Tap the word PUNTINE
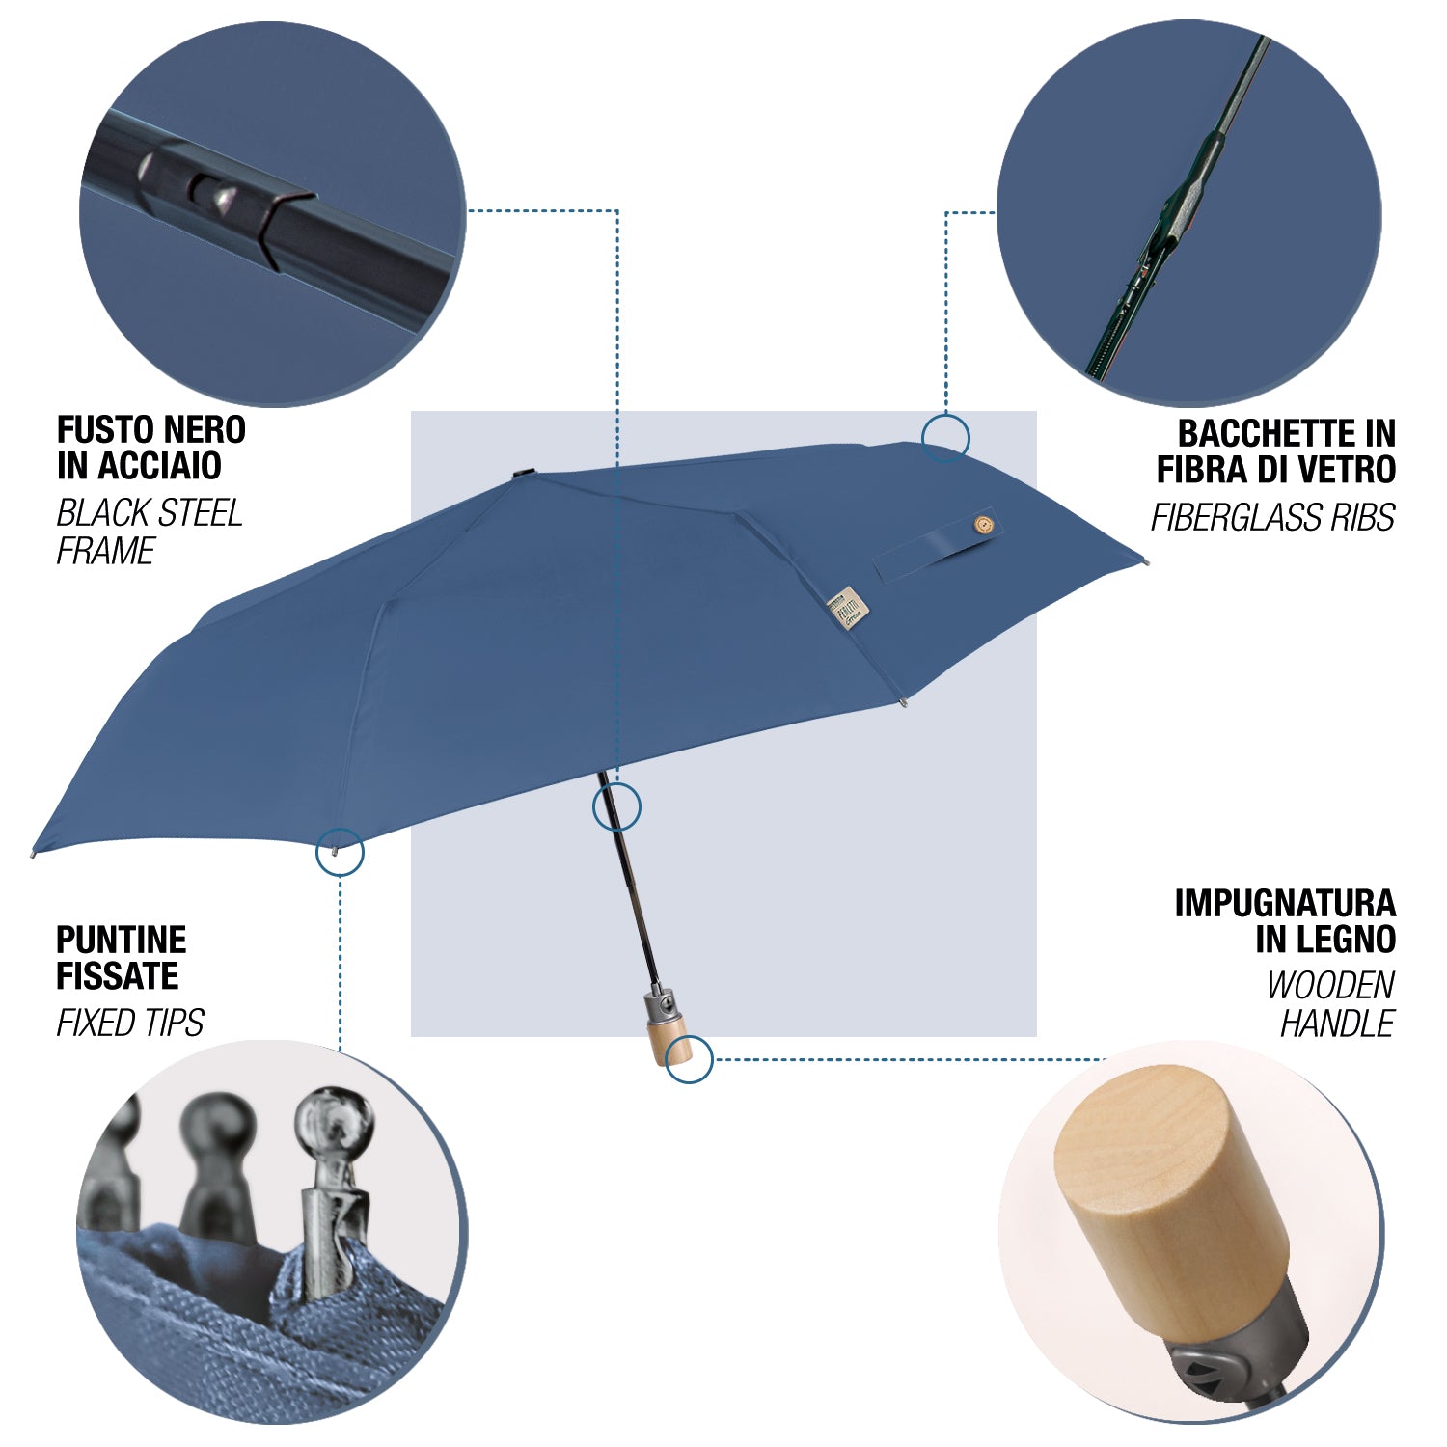pyautogui.click(x=122, y=940)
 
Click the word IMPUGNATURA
pyautogui.click(x=1285, y=904)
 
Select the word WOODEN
pyautogui.click(x=1330, y=986)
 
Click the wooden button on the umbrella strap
pyautogui.click(x=983, y=526)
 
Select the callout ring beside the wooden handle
pyautogui.click(x=690, y=1036)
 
